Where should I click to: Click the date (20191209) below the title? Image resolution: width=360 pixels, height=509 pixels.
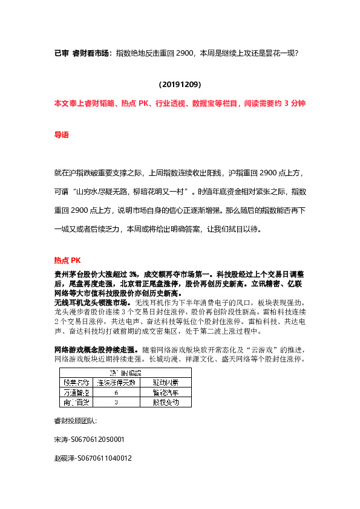[180, 85]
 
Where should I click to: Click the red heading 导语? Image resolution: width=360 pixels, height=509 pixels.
[62, 135]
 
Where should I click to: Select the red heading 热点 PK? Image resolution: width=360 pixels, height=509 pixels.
[67, 261]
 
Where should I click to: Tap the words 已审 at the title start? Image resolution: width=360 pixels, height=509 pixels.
[61, 54]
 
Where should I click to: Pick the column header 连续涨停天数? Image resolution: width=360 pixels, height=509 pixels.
[116, 383]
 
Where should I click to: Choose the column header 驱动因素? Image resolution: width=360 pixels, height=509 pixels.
[164, 383]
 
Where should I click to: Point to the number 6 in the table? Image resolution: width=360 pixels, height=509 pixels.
[116, 392]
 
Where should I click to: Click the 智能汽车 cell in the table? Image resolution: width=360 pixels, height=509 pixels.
[164, 392]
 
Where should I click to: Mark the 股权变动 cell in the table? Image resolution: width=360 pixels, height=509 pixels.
[164, 402]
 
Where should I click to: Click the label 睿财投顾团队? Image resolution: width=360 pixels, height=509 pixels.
[76, 420]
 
